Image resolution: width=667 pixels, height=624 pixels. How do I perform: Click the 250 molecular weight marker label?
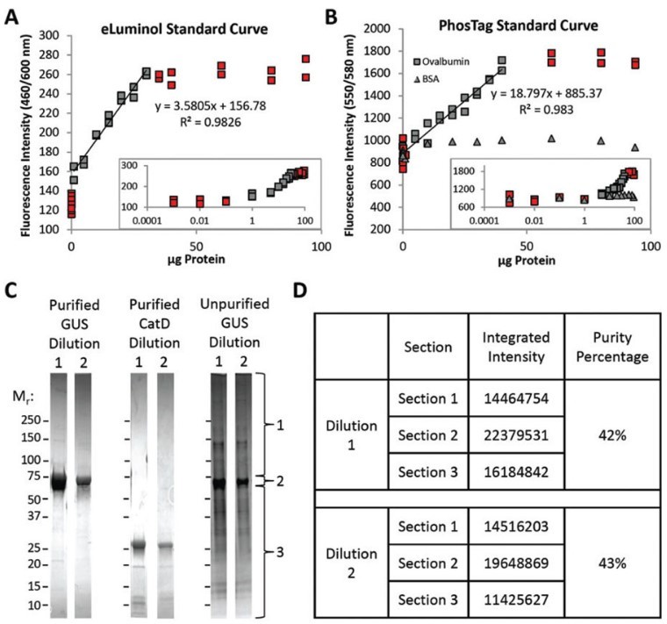(31, 422)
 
